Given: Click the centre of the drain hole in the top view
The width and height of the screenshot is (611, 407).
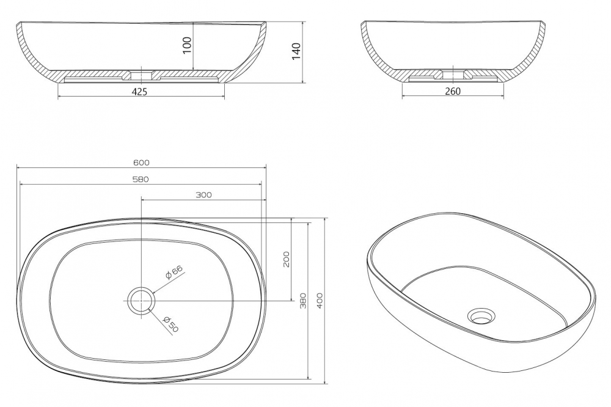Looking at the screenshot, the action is tap(142, 301).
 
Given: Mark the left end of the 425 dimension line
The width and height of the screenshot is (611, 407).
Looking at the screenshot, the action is tap(58, 97).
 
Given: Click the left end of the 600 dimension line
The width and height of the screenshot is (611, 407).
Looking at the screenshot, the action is tap(16, 167).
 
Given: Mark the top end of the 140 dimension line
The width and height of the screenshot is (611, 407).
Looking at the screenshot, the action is tap(303, 22).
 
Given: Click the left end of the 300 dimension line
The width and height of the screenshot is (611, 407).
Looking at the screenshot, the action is tap(141, 200).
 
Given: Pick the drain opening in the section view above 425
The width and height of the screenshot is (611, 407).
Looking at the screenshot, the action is tap(141, 76).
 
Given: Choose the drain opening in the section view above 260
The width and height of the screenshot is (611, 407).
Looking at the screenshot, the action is tap(452, 75).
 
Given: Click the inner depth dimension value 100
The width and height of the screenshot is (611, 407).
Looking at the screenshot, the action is tap(188, 46).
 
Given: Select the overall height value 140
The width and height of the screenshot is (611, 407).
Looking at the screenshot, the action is tap(296, 51).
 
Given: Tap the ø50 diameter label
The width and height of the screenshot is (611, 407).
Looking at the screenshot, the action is tap(172, 324).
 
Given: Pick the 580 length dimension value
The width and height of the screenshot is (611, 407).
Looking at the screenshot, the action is tap(141, 179).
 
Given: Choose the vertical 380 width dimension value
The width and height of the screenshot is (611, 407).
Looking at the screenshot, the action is tap(304, 301).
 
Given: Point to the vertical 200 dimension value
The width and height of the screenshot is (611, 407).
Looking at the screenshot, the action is tap(286, 259).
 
